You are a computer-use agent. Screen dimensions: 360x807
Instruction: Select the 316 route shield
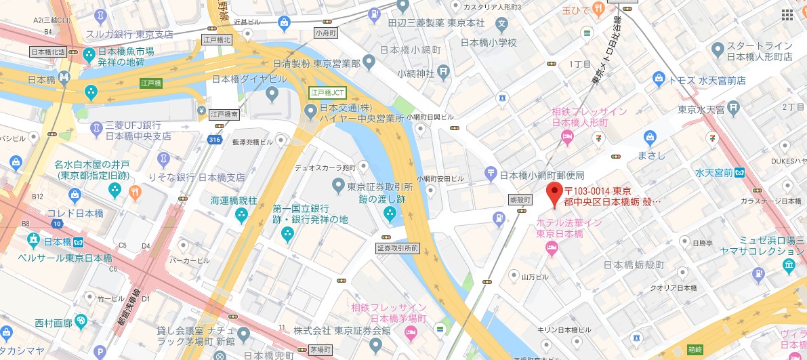(215, 139)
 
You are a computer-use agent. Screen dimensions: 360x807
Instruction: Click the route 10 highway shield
(58, 224)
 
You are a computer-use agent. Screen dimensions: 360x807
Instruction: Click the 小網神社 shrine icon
(443, 70)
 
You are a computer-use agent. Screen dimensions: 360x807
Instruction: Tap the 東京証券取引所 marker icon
(337, 184)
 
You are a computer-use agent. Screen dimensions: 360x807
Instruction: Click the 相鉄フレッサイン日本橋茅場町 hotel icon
(411, 332)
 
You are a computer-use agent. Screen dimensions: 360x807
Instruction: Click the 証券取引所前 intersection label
(399, 248)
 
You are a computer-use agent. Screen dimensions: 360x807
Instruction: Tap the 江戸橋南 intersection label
(224, 115)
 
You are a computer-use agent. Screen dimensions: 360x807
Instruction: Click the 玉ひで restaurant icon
(598, 8)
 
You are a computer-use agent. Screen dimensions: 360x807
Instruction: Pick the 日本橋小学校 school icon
(502, 26)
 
